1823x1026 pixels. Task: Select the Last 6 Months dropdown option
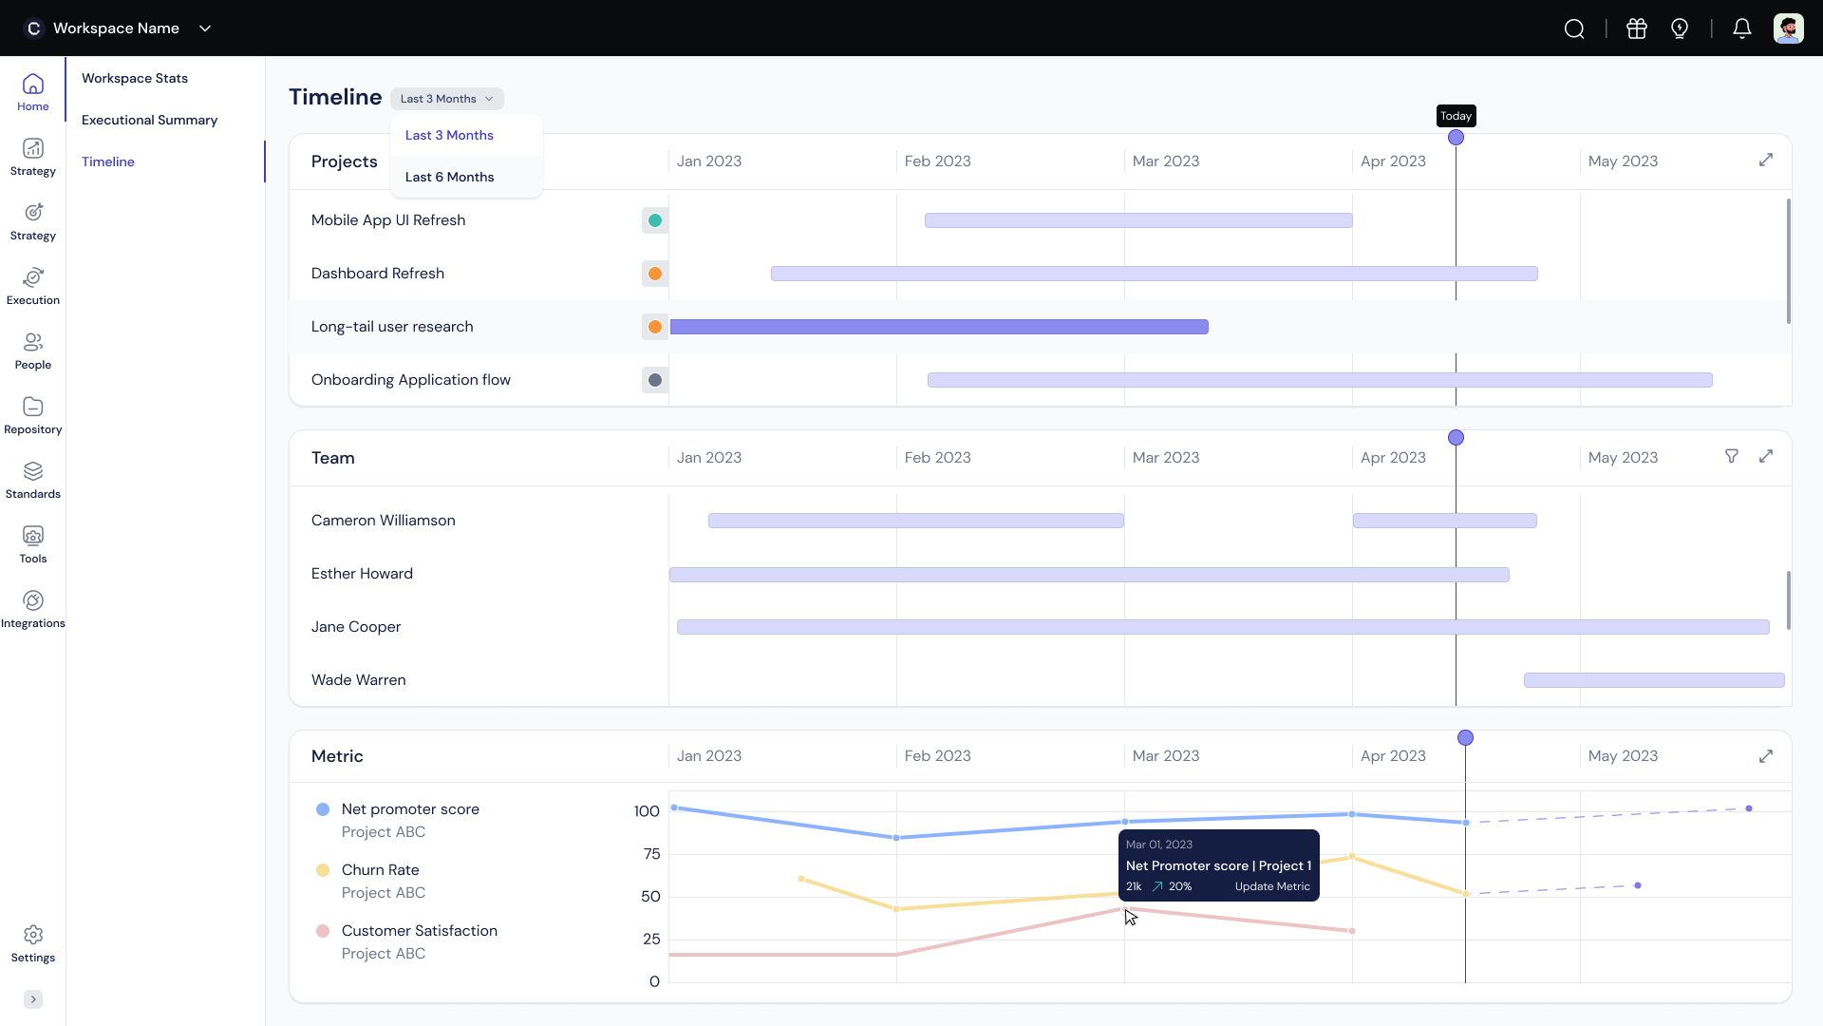449,177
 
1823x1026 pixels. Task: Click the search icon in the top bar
1574,28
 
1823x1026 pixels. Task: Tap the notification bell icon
1741,28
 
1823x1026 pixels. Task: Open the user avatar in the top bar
1789,28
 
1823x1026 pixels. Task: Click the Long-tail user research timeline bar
939,327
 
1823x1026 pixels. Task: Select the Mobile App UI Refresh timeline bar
1138,220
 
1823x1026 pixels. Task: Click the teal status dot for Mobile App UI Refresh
655,220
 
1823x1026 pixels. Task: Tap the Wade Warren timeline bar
1654,680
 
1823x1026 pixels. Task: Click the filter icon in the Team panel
1732,456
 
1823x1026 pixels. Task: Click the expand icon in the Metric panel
1766,756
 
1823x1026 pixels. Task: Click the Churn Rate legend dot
323,870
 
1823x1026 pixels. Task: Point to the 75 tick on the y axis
651,854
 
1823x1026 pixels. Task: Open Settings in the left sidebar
33,944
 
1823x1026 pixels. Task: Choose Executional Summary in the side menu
149,120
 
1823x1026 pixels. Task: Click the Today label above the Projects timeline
1456,116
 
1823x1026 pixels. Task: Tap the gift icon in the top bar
1637,28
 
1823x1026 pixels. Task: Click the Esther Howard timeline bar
1089,575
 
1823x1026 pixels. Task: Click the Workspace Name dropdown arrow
205,28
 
